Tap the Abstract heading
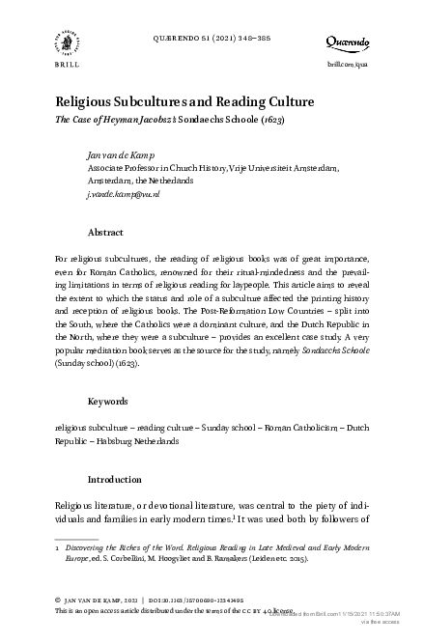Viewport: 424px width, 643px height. (105, 233)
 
